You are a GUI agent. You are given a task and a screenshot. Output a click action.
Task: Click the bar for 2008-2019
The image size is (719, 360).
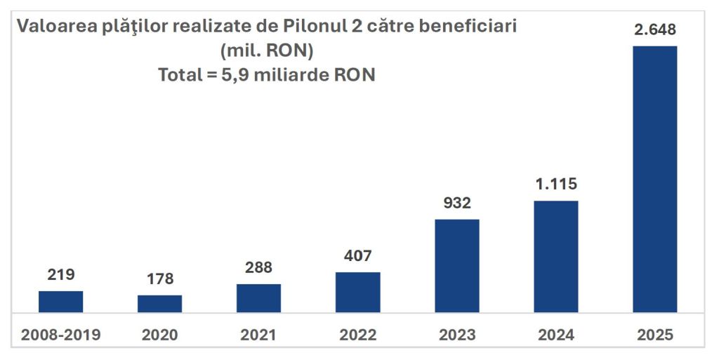60,302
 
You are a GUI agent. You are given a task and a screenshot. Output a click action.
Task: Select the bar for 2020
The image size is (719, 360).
159,304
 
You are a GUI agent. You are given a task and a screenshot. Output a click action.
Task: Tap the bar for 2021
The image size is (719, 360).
258,298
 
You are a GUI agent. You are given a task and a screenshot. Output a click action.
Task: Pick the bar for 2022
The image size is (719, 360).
358,292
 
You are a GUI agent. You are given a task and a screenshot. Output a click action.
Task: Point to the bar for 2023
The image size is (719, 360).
457,266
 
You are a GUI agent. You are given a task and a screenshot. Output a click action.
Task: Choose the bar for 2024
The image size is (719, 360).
556,257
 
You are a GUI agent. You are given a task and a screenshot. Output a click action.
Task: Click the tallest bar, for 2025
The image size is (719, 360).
655,179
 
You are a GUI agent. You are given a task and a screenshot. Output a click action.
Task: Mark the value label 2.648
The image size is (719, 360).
655,30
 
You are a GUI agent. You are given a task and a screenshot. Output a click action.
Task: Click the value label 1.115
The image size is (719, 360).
556,185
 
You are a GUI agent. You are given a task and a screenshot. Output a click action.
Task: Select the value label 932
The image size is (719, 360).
457,204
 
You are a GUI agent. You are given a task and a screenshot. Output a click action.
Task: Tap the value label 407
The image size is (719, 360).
358,256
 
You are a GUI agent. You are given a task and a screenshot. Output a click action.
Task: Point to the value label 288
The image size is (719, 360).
258,268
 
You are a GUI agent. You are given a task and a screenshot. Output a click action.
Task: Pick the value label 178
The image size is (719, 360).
159,279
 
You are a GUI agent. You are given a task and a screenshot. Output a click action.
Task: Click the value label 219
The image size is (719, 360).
60,275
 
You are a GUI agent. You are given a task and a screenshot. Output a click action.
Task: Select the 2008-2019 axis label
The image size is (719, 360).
60,335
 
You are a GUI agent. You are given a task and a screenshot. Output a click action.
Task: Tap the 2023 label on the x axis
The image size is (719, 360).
457,335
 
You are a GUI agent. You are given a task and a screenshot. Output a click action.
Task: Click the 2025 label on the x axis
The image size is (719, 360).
655,335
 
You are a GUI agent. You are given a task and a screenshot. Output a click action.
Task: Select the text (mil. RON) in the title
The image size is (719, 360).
266,51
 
